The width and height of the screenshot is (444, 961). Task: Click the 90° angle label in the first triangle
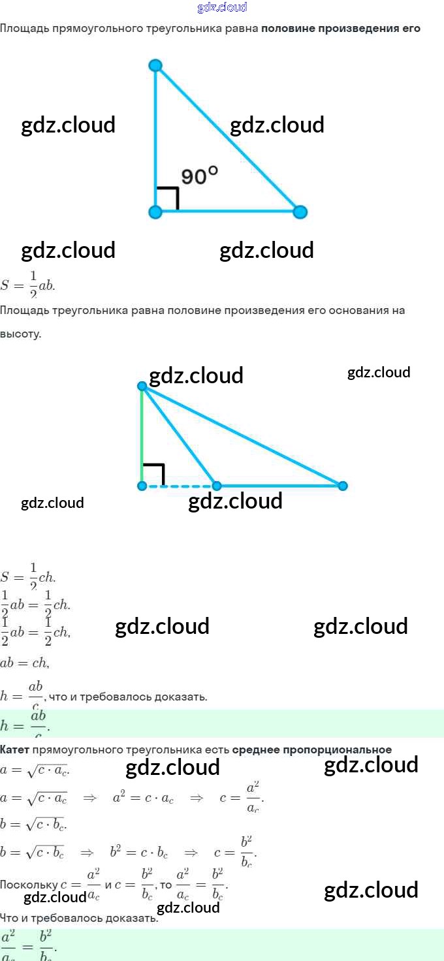pyautogui.click(x=199, y=176)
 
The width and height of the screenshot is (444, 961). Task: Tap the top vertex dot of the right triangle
pyautogui.click(x=155, y=65)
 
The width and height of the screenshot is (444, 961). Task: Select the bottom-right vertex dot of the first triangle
pyautogui.click(x=300, y=212)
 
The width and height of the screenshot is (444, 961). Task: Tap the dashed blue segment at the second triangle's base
pyautogui.click(x=180, y=486)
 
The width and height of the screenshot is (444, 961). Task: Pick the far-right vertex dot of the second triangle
pyautogui.click(x=343, y=486)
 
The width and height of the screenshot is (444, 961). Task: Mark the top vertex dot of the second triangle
pyautogui.click(x=142, y=386)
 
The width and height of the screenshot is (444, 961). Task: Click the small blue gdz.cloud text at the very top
pyautogui.click(x=222, y=8)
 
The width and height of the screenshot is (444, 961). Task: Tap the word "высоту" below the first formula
pyautogui.click(x=20, y=334)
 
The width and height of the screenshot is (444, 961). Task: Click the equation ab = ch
pyautogui.click(x=25, y=663)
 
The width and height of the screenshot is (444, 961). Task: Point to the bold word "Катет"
pyautogui.click(x=14, y=749)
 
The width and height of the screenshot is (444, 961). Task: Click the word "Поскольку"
pyautogui.click(x=29, y=885)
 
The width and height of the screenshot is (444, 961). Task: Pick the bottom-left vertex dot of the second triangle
pyautogui.click(x=142, y=486)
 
